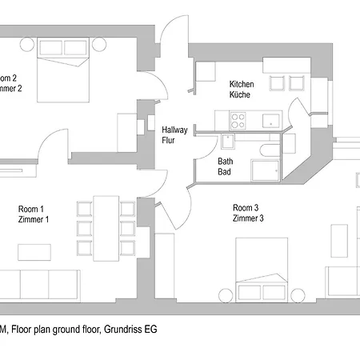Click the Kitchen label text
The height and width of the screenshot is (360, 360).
(x=241, y=84)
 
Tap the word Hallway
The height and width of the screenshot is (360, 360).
(x=174, y=130)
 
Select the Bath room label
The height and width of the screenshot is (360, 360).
(x=226, y=161)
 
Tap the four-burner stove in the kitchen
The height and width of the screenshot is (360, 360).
(x=238, y=121)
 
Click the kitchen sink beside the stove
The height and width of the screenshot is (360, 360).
(x=269, y=121)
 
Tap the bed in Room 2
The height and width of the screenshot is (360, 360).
(x=61, y=81)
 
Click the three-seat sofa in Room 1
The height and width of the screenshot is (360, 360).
(x=38, y=282)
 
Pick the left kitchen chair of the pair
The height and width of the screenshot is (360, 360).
(x=278, y=82)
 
